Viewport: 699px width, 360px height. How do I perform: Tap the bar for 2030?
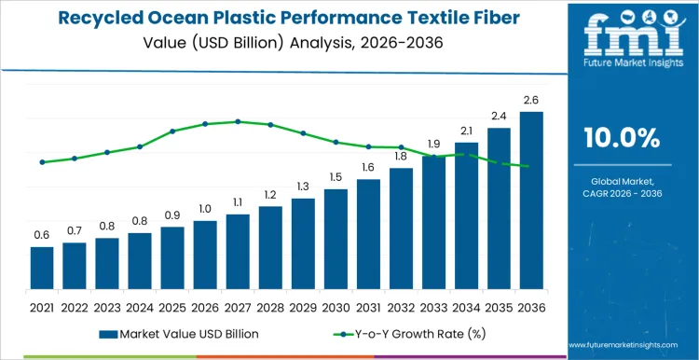point(336,238)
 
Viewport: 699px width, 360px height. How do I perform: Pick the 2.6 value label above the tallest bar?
point(531,100)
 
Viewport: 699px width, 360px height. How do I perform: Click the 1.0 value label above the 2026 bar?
point(205,209)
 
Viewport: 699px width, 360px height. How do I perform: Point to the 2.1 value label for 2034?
point(466,131)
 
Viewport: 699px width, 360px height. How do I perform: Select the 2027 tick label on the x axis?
point(238,306)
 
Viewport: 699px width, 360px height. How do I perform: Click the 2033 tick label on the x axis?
point(433,306)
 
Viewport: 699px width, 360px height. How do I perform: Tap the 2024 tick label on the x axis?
point(140,306)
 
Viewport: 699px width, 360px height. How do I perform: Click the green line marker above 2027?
point(238,121)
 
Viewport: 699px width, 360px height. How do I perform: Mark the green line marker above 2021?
point(42,162)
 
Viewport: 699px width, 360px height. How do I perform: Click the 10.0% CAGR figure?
point(621,138)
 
